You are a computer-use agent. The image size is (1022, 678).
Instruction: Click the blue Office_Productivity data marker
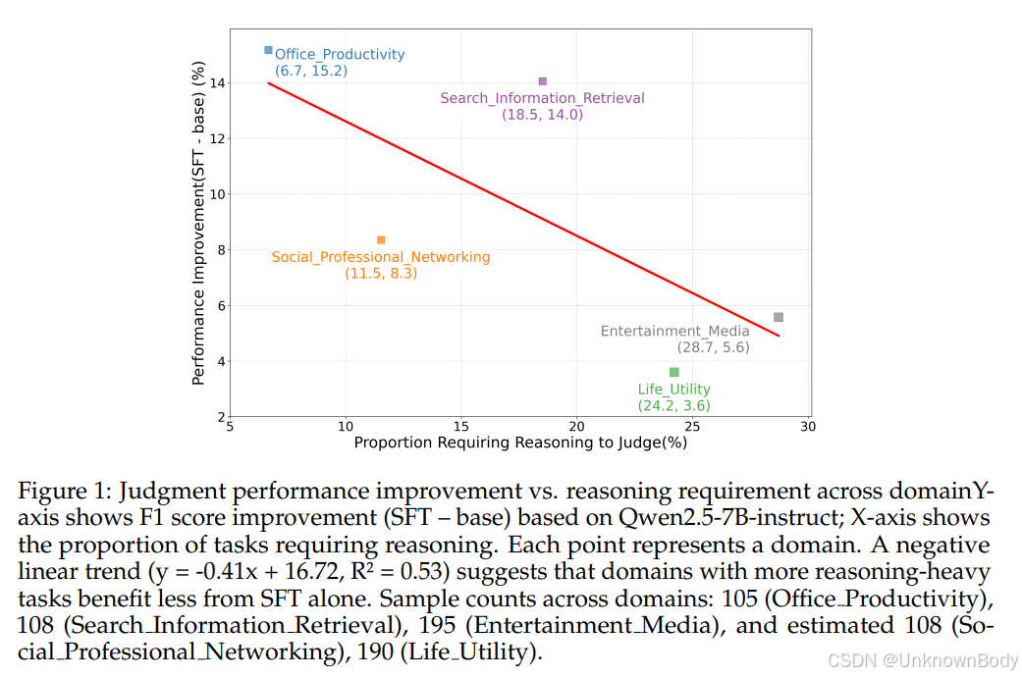(x=268, y=50)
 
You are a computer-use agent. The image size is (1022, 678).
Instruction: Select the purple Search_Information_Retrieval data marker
(x=542, y=81)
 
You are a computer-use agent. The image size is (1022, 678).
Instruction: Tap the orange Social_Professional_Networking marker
(x=381, y=240)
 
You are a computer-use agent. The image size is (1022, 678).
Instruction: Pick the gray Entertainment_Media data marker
(x=779, y=317)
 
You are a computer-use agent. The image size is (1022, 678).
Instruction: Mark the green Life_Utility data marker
(x=673, y=372)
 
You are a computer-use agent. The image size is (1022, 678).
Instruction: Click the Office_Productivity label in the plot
(x=340, y=55)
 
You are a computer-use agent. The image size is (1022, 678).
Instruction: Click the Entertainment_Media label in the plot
(x=674, y=332)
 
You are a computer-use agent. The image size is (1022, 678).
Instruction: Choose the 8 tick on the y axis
(x=220, y=250)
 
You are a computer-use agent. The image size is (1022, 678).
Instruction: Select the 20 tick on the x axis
(x=576, y=427)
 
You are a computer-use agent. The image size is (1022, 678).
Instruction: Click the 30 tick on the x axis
(x=808, y=427)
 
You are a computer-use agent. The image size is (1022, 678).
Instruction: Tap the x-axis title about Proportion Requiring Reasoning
(x=520, y=443)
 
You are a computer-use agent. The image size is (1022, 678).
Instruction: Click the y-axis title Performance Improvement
(x=198, y=223)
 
